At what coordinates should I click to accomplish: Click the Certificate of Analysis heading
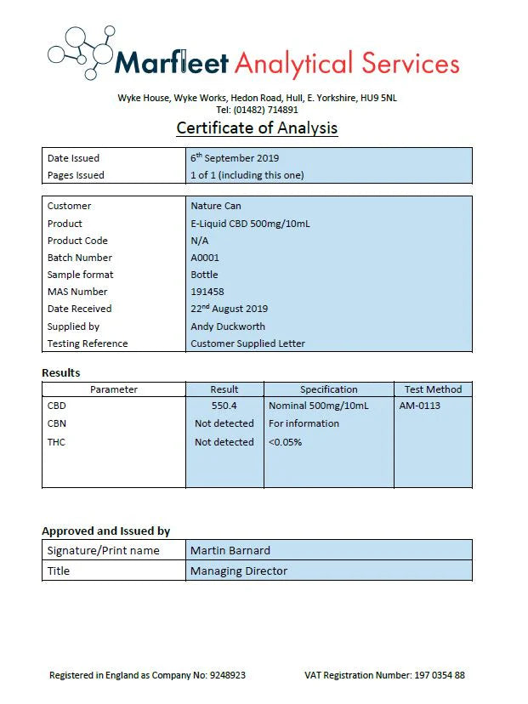257,128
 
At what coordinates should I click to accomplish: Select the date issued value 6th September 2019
235,157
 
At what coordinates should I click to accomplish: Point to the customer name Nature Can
216,206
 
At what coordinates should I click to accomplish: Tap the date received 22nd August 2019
229,309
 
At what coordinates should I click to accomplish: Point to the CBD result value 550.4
224,406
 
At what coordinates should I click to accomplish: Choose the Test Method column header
433,389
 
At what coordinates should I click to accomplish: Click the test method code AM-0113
420,406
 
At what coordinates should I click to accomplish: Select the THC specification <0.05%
285,442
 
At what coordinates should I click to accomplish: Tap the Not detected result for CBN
224,423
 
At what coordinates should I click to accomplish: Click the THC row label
56,442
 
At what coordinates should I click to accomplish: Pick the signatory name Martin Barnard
230,550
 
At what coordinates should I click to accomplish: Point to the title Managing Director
239,571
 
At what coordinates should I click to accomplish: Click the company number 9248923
227,676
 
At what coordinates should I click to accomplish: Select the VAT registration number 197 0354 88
440,676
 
